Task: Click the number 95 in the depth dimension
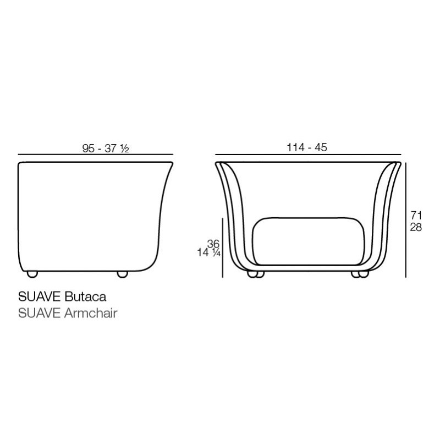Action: tap(89, 148)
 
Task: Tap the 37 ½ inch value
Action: tap(117, 148)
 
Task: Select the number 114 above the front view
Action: tap(295, 147)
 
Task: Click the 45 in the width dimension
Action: tap(321, 147)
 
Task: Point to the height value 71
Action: tap(416, 216)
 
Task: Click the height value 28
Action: tap(416, 227)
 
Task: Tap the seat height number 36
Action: tap(213, 244)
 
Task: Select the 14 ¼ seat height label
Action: tap(209, 252)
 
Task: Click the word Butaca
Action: tap(85, 297)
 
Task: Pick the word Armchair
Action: tap(91, 313)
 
